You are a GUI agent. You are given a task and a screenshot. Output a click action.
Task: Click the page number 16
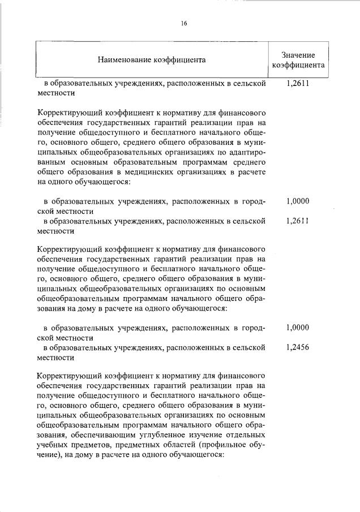pyautogui.click(x=184, y=23)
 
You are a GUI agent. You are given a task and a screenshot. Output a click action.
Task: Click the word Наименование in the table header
pyautogui.click(x=124, y=59)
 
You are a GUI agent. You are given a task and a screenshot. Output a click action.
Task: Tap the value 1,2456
pyautogui.click(x=298, y=347)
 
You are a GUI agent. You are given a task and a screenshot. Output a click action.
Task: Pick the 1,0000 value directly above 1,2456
pyautogui.click(x=298, y=328)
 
